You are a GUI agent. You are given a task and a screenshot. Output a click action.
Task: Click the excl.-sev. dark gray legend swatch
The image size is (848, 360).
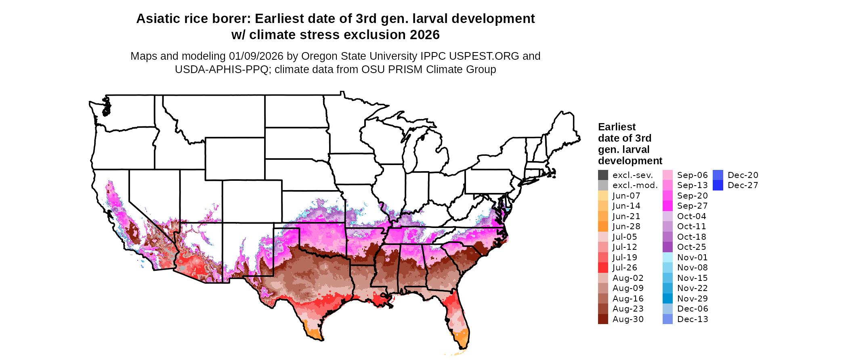[x=603, y=175]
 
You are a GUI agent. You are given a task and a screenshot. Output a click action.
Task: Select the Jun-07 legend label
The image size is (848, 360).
[x=626, y=196]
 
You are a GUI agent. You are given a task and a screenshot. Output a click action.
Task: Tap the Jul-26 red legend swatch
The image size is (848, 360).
[x=603, y=268]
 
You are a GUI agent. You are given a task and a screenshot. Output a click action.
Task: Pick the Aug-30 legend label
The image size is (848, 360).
[x=628, y=319]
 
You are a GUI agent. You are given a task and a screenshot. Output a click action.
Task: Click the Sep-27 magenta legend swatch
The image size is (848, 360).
[x=667, y=206]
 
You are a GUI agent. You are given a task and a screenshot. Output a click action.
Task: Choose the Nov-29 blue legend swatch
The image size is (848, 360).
[x=667, y=299]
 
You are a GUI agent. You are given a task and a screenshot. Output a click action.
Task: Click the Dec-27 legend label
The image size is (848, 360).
[x=743, y=185]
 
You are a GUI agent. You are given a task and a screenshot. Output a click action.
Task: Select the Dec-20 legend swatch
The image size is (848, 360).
[x=718, y=175]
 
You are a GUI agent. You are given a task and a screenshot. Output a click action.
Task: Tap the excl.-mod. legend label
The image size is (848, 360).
[x=635, y=185]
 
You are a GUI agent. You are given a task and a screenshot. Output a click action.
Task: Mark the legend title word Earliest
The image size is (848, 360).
[x=617, y=127]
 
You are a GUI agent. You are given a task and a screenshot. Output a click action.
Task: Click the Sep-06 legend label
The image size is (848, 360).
[x=692, y=175]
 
